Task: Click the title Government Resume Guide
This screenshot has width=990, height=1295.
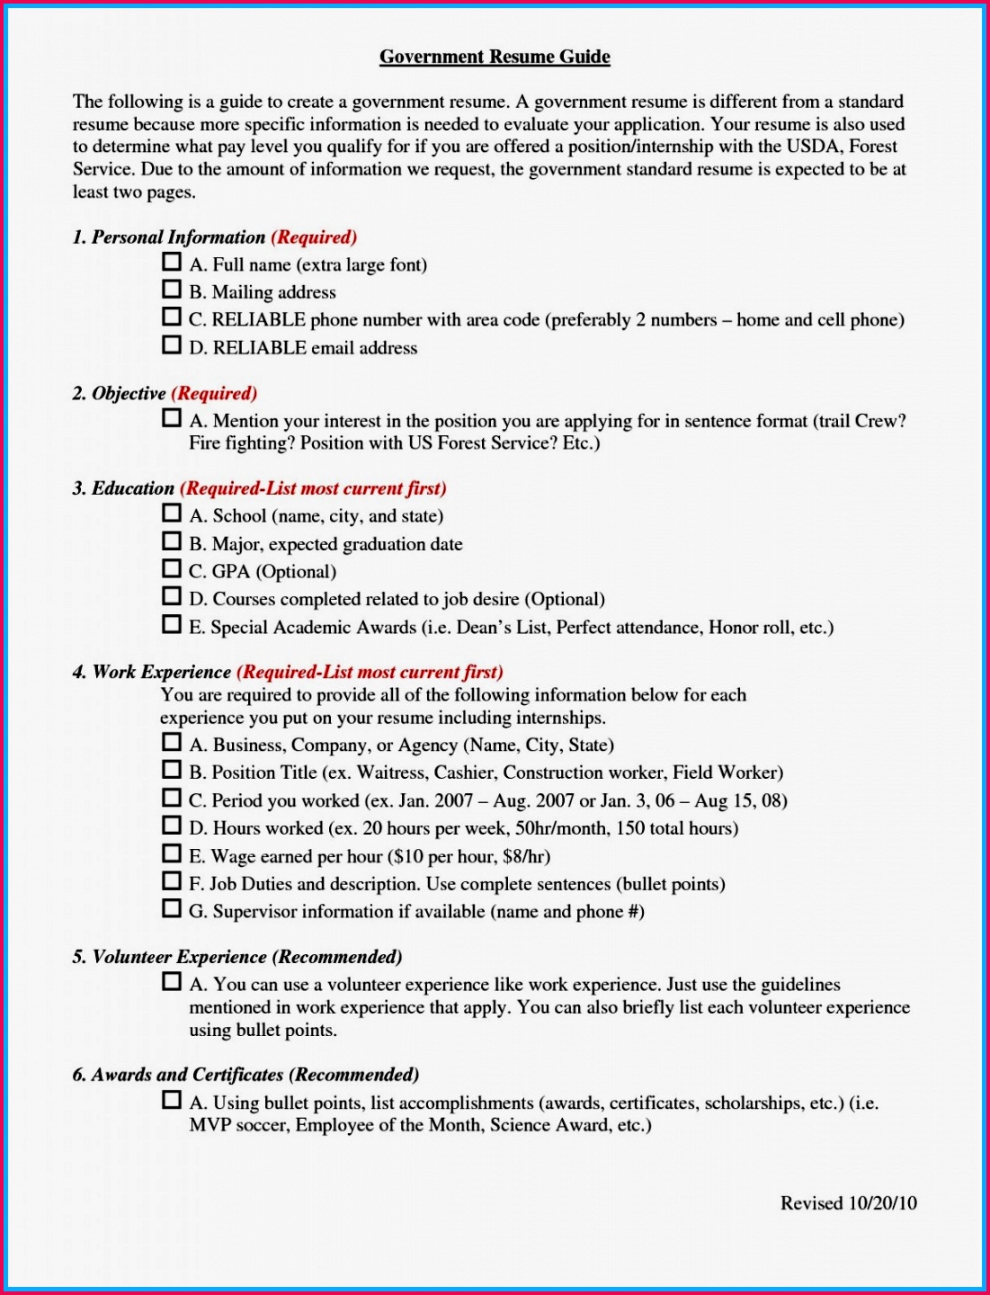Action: coord(495,57)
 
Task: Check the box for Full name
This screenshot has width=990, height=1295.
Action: coord(171,262)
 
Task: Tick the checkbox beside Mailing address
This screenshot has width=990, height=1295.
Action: coord(171,290)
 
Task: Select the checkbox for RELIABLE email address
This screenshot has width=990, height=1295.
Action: coord(171,345)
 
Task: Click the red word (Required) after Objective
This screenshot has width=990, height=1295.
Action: coord(214,393)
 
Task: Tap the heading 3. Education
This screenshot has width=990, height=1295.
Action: coord(123,488)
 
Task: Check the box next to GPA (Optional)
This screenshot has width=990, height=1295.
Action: coord(171,569)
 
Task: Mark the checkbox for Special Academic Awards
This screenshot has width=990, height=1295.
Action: coord(171,624)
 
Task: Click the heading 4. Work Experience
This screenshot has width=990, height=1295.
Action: coord(151,672)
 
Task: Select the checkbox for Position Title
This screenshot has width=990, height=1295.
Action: coord(171,770)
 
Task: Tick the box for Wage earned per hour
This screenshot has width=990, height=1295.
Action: coord(171,853)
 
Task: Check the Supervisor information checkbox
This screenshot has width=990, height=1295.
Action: coord(171,909)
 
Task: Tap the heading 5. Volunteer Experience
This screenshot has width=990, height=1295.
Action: coord(169,957)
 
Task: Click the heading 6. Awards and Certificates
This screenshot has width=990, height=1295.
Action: coord(177,1075)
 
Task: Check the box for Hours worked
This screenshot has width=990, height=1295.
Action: coord(171,826)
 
